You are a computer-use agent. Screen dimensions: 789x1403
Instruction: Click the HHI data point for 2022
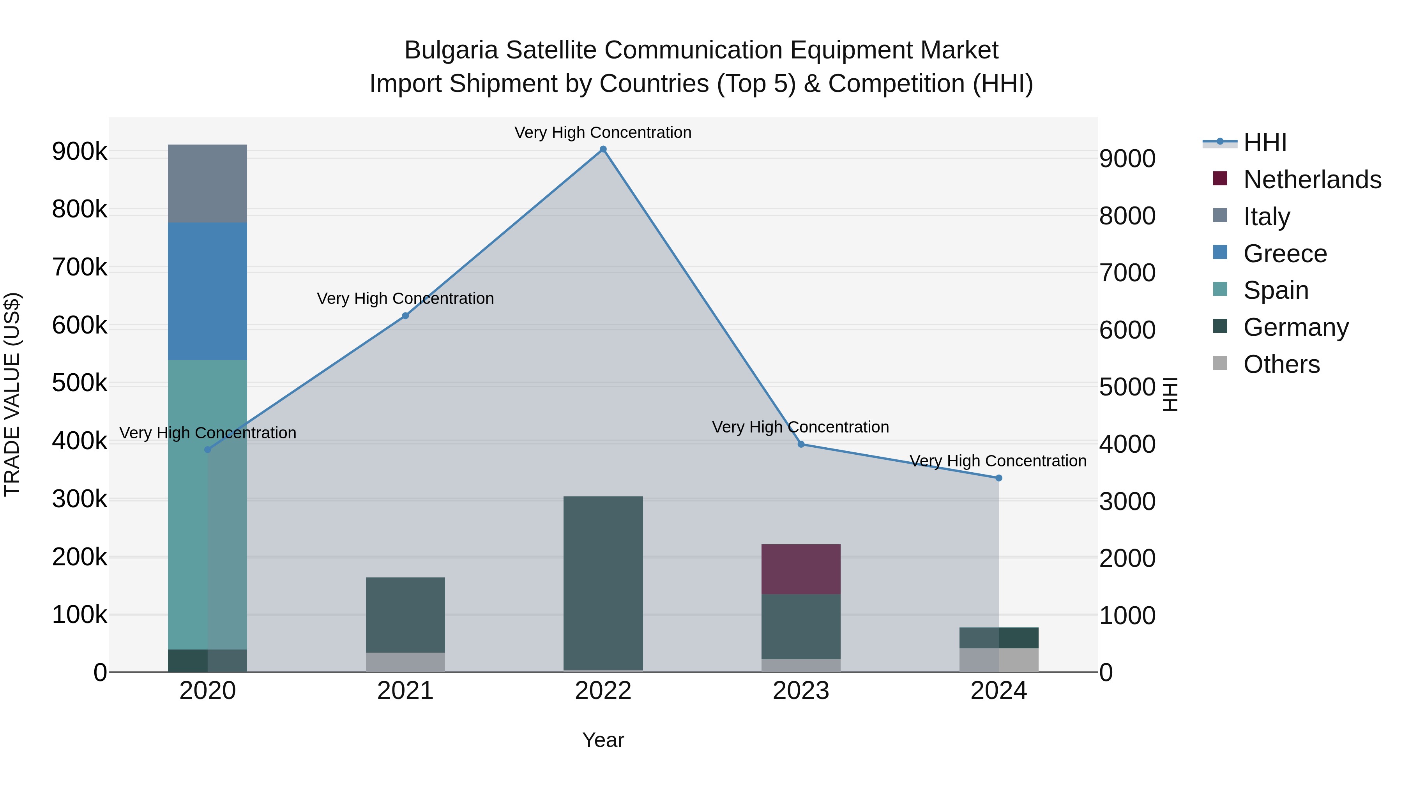[x=603, y=149]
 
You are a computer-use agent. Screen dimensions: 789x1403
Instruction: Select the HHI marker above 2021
[x=405, y=316]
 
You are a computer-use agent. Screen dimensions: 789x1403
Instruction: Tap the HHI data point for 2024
[x=999, y=478]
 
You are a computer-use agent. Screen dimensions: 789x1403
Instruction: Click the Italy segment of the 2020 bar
[x=207, y=184]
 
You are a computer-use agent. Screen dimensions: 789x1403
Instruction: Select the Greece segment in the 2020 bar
[x=207, y=291]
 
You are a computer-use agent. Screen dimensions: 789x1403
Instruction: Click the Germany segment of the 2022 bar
[x=603, y=582]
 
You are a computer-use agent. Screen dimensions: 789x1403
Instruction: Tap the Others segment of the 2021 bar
[x=405, y=662]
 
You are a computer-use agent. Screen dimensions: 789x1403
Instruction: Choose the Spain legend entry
[x=1276, y=290]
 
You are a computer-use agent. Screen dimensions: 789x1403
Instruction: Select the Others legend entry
[x=1281, y=364]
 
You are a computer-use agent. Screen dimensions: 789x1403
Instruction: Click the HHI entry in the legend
[x=1265, y=143]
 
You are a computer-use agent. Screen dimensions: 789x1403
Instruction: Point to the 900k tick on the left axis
[x=80, y=152]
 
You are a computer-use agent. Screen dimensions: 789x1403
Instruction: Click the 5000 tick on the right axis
[x=1127, y=387]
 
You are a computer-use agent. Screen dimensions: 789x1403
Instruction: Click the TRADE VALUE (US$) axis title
[x=12, y=394]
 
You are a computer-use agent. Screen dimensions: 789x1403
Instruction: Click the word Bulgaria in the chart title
[x=451, y=50]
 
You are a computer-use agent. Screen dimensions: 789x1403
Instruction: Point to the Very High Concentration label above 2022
[x=603, y=132]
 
